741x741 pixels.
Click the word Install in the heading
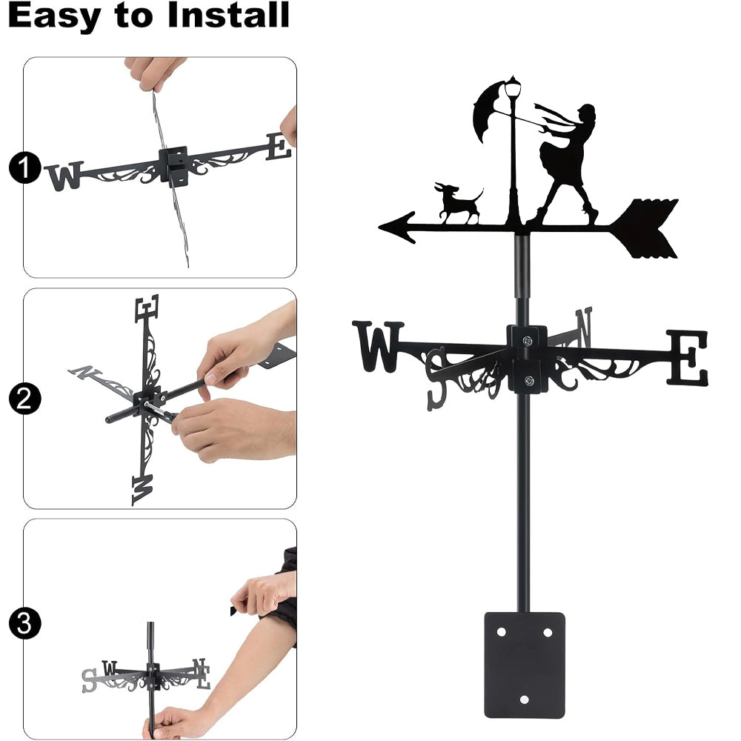pos(228,15)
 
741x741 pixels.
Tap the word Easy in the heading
pos(54,18)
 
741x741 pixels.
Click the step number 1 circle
pos(24,167)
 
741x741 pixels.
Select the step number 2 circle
pos(24,399)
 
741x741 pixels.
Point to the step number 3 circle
pos(24,623)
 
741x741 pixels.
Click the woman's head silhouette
pos(586,116)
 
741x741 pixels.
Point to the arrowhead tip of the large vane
pos(379,227)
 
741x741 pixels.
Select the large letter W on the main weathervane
pos(378,346)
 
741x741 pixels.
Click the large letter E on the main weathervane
pos(687,358)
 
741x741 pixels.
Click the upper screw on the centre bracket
pos(527,340)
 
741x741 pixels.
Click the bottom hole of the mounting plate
pos(524,700)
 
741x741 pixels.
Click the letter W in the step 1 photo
pos(64,176)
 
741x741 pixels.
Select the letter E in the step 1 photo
pos(279,147)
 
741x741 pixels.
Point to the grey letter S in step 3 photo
pos(89,680)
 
